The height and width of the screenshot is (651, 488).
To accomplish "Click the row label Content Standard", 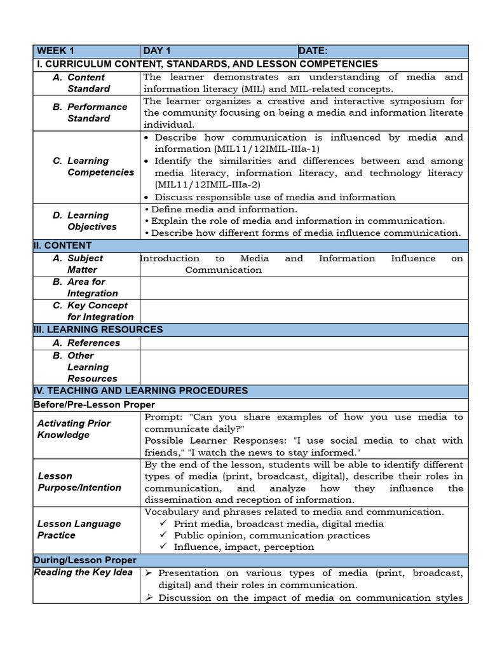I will [88, 83].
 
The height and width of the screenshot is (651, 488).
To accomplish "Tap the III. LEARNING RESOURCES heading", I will [98, 329].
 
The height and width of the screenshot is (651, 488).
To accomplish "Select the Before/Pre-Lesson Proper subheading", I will [94, 404].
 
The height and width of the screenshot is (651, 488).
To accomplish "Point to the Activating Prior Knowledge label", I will [74, 429].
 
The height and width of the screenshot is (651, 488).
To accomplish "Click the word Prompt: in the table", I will [163, 417].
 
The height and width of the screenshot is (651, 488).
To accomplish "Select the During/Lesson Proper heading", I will [85, 560].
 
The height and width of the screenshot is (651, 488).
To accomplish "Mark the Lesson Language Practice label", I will [79, 530].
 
